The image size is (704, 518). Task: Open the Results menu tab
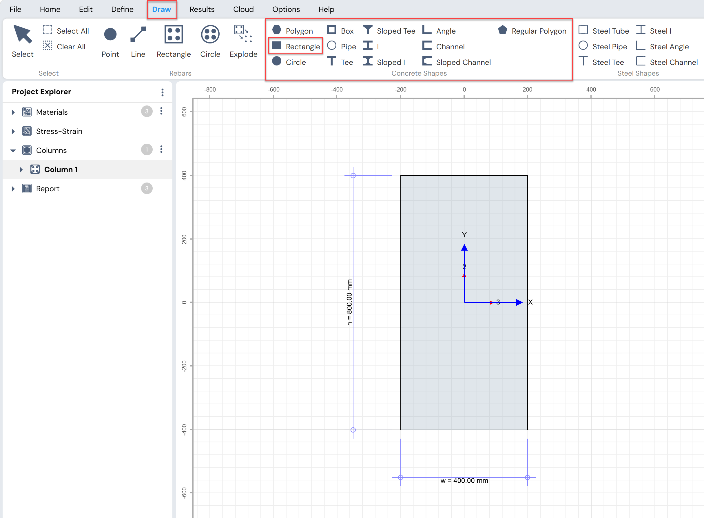click(x=202, y=9)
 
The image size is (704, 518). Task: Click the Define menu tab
click(x=122, y=9)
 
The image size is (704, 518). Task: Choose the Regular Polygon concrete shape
click(x=532, y=31)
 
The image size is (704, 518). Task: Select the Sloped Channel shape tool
click(x=457, y=62)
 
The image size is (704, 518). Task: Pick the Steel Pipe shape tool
click(x=603, y=46)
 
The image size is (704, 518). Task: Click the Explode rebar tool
click(x=243, y=41)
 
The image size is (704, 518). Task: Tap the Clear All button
click(x=64, y=46)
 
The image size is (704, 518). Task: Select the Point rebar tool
click(x=110, y=41)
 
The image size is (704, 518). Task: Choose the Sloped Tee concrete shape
click(x=389, y=31)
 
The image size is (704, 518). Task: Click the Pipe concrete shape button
click(x=342, y=46)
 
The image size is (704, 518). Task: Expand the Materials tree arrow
click(x=13, y=112)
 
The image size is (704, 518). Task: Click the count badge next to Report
click(x=147, y=188)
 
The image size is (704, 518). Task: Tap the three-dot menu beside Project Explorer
click(x=163, y=92)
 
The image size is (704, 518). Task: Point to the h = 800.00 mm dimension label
click(x=349, y=302)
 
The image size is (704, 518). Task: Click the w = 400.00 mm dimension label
click(x=464, y=481)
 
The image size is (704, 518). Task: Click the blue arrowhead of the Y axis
click(x=464, y=247)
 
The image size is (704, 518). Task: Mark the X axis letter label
click(x=530, y=302)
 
